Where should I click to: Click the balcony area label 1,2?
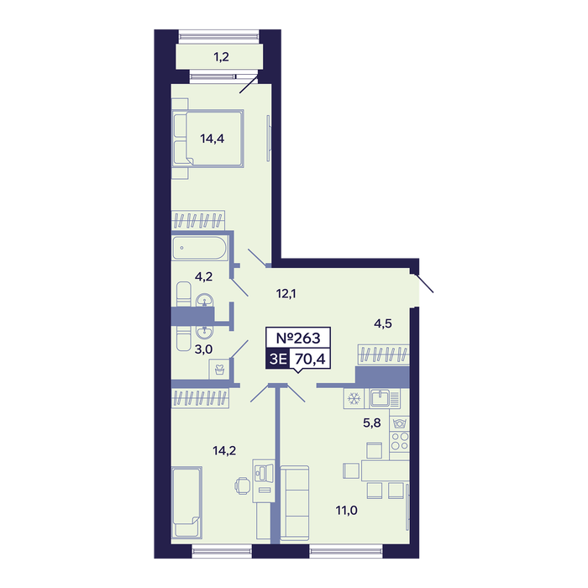(x=221, y=57)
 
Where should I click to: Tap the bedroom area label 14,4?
(x=213, y=139)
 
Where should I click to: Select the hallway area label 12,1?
(x=286, y=294)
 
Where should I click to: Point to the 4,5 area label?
(x=383, y=323)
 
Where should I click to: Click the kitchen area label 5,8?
(x=371, y=423)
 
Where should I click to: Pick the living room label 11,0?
(x=346, y=511)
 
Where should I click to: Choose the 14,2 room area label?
(x=224, y=450)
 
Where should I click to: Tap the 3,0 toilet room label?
(x=203, y=349)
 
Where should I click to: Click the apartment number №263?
(x=298, y=338)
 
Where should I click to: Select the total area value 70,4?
(x=310, y=360)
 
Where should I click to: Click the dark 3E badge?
(x=278, y=359)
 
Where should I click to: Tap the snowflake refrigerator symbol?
(x=354, y=398)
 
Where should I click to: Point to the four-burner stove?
(x=399, y=441)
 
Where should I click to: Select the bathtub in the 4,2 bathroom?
(x=200, y=248)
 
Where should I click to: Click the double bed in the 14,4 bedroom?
(x=208, y=139)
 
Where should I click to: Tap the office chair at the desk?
(x=242, y=486)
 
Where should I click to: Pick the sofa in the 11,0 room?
(x=295, y=503)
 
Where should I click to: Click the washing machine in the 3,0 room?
(x=219, y=370)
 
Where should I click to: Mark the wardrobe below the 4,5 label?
(x=384, y=354)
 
